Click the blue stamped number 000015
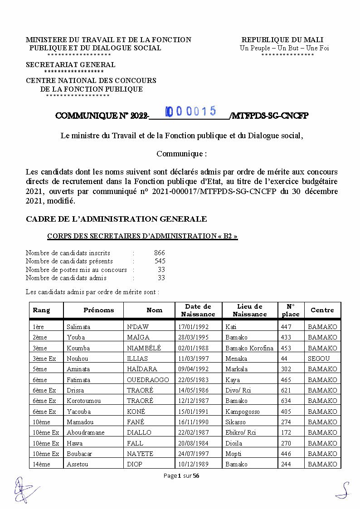pos(190,111)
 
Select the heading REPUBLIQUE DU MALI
pos(282,40)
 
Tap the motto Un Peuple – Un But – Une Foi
pos(284,48)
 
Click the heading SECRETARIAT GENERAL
pos(70,65)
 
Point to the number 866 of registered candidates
pos(159,253)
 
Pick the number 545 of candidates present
pos(160,261)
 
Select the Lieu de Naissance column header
pos(250,310)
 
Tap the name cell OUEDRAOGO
pos(148,380)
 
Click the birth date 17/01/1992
pos(194,327)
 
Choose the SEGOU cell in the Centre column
pos(319,359)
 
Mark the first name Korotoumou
pos(83,401)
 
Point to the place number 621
pos(286,390)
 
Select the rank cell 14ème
pos(41,464)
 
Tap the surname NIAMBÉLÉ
pos(144,348)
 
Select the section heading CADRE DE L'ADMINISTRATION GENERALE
pos(116,219)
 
